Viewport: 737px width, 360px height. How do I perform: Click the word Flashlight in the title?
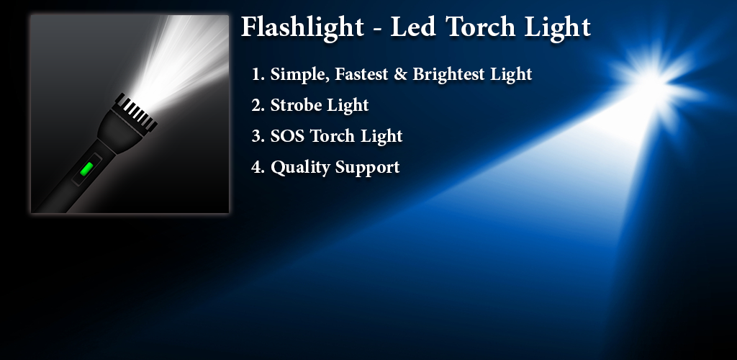tap(303, 28)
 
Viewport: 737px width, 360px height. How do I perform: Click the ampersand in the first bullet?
tap(400, 73)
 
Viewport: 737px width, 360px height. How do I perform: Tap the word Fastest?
tap(361, 73)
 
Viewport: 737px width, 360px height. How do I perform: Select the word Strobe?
tap(295, 105)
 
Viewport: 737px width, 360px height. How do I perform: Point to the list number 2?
tap(258, 105)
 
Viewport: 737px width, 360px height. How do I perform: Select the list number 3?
tap(258, 136)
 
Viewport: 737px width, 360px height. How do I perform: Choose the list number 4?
tap(258, 167)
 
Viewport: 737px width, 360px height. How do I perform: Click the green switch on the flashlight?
tap(86, 168)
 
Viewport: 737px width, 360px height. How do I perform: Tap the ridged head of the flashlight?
tap(136, 112)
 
